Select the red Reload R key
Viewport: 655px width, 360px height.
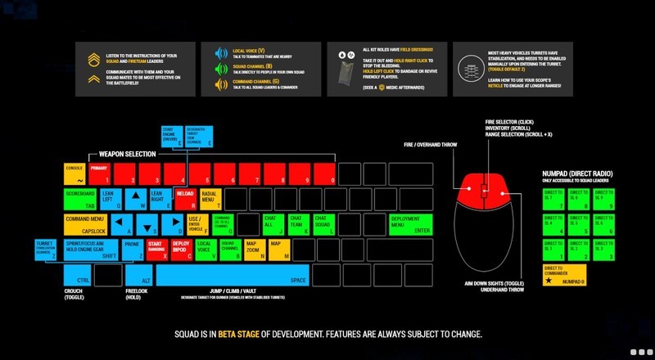pyautogui.click(x=184, y=198)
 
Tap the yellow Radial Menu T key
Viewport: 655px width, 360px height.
pyautogui.click(x=209, y=198)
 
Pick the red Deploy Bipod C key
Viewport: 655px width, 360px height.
pyautogui.click(x=182, y=250)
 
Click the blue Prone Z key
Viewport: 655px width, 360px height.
pyautogui.click(x=133, y=250)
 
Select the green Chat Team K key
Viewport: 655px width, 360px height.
pyautogui.click(x=300, y=224)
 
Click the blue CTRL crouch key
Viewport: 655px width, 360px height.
pyautogui.click(x=77, y=276)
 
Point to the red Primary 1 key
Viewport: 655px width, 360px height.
pyautogui.click(x=99, y=173)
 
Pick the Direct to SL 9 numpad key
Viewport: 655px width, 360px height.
pyautogui.click(x=602, y=200)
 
